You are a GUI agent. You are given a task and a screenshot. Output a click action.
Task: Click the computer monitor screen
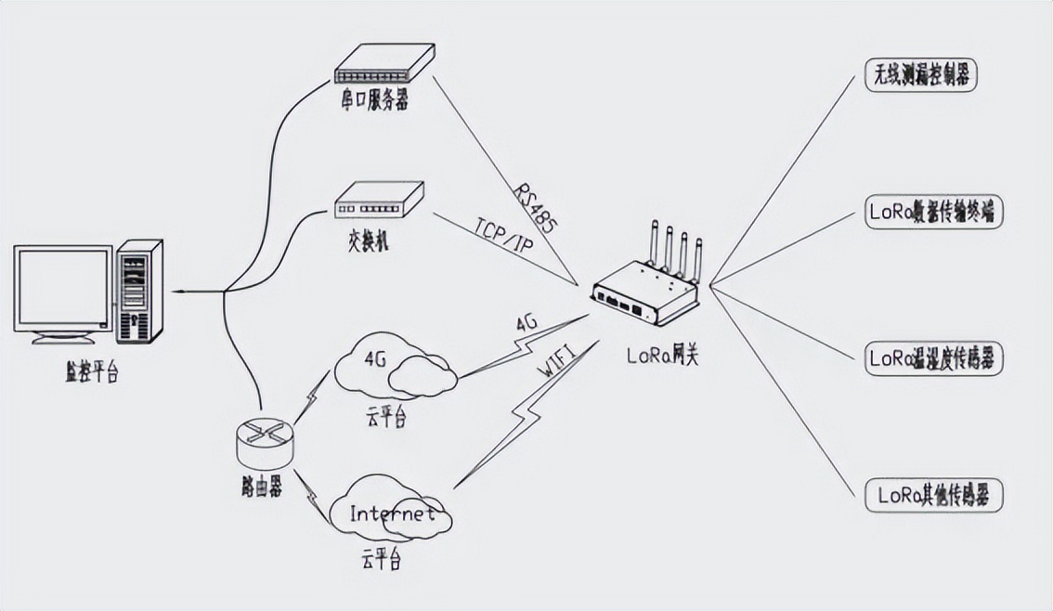62,287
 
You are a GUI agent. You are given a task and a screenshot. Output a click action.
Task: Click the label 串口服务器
374,99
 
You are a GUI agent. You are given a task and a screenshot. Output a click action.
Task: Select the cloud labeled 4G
395,367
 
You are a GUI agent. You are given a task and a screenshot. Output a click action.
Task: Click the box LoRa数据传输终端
934,213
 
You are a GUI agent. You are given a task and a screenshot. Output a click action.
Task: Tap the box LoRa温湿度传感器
933,358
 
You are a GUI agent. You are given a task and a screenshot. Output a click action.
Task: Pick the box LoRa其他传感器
933,495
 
